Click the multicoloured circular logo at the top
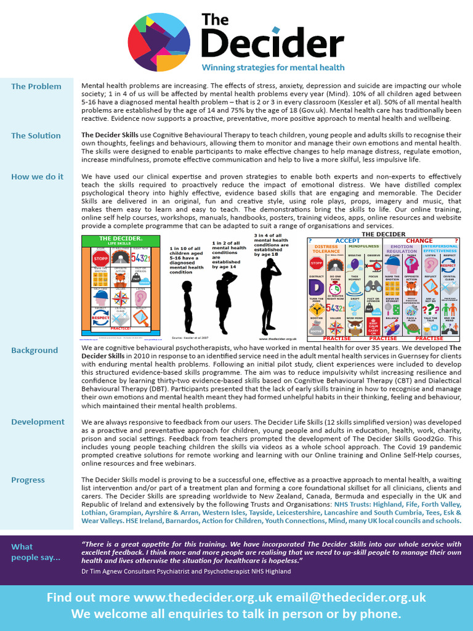click(x=159, y=42)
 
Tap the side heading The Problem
click(x=36, y=86)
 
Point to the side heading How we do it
click(x=37, y=177)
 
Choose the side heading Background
click(x=34, y=350)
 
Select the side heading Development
click(x=38, y=421)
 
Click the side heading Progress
click(x=28, y=479)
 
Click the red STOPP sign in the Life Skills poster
click(x=101, y=258)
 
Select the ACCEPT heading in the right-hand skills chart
click(x=348, y=240)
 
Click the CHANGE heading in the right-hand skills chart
click(x=419, y=240)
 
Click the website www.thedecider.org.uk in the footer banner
click(x=203, y=597)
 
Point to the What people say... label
click(x=36, y=552)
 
